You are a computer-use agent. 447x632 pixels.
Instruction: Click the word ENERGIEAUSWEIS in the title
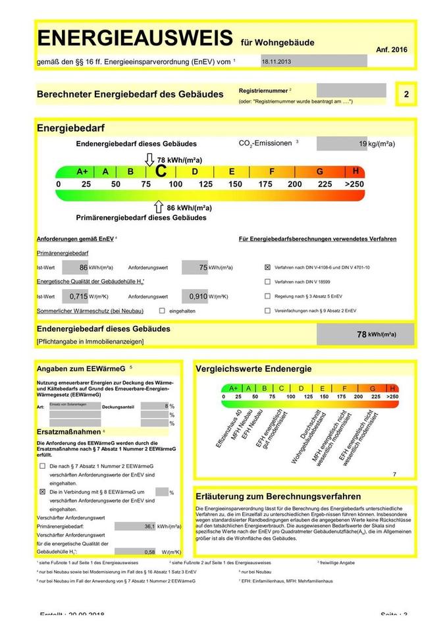point(135,38)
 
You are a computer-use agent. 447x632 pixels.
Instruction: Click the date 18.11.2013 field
point(313,61)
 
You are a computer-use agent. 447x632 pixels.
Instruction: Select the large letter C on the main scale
point(160,171)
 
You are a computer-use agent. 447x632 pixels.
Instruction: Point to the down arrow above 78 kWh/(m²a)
point(149,159)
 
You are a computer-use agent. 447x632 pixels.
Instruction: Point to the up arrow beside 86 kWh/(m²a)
point(158,207)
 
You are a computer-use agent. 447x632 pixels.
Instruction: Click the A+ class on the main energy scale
point(82,171)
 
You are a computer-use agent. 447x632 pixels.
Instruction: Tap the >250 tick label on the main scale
point(354,184)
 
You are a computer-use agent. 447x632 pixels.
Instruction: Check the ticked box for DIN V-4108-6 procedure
point(267,268)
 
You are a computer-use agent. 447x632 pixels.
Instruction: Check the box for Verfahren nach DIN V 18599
point(267,282)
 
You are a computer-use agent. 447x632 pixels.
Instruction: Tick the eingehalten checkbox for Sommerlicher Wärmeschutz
point(162,310)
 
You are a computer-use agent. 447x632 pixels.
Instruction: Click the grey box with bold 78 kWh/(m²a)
point(365,334)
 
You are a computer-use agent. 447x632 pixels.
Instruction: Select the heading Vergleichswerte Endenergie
point(253,369)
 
